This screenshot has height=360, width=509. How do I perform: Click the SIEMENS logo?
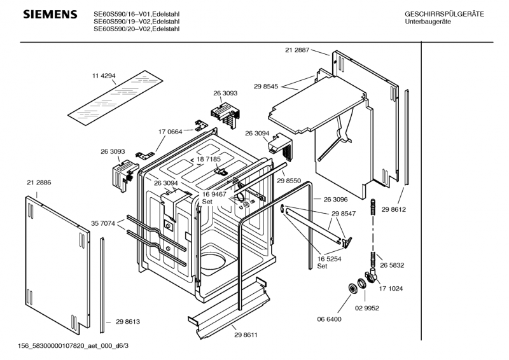pyautogui.click(x=50, y=14)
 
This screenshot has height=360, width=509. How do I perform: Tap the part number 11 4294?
pyautogui.click(x=104, y=76)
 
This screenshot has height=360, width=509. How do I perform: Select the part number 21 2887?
pyautogui.click(x=297, y=50)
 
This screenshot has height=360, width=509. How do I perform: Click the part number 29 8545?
pyautogui.click(x=266, y=87)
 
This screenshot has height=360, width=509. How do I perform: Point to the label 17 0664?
pyautogui.click(x=170, y=132)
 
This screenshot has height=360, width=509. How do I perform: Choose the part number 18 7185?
pyautogui.click(x=209, y=159)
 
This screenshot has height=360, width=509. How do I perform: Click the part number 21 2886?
pyautogui.click(x=39, y=183)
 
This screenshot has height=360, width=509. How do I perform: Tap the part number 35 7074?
pyautogui.click(x=103, y=223)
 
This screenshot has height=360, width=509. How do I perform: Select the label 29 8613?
pyautogui.click(x=128, y=321)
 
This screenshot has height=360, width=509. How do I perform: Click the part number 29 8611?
pyautogui.click(x=246, y=335)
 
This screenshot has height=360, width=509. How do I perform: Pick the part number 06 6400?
pyautogui.click(x=329, y=319)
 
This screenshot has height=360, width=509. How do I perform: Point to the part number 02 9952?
pyautogui.click(x=367, y=308)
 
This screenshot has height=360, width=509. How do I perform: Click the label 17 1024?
pyautogui.click(x=391, y=288)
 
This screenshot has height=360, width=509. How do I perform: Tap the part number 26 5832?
pyautogui.click(x=392, y=265)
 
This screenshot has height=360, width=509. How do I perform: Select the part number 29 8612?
pyautogui.click(x=393, y=209)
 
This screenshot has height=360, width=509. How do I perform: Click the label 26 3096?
pyautogui.click(x=335, y=199)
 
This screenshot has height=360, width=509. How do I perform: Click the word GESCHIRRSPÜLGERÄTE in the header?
pyautogui.click(x=444, y=14)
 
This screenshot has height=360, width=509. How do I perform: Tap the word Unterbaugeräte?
pyautogui.click(x=428, y=22)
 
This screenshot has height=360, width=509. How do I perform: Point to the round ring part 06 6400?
pyautogui.click(x=352, y=288)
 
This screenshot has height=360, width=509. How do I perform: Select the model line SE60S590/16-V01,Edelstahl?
pyautogui.click(x=136, y=14)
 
